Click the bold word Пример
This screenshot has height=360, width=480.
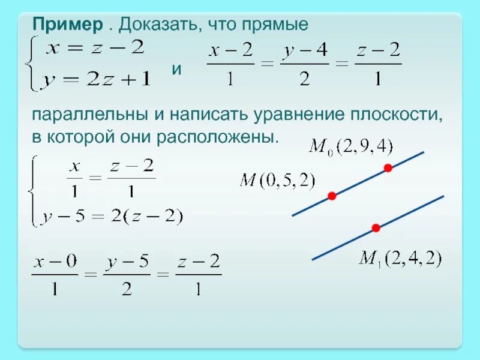coord(68,25)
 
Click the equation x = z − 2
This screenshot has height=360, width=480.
coord(96,49)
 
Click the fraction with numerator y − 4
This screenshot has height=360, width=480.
coord(304,64)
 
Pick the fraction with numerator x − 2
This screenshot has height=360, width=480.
coord(230,64)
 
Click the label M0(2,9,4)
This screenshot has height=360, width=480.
coord(350,146)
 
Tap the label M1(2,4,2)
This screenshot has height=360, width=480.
coord(400,259)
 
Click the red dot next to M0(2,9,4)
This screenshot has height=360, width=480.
coord(388,169)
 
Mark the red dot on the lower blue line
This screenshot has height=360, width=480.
coord(376,228)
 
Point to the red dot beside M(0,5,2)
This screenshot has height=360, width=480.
coord(332,196)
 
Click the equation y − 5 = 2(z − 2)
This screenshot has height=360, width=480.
coord(112,217)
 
